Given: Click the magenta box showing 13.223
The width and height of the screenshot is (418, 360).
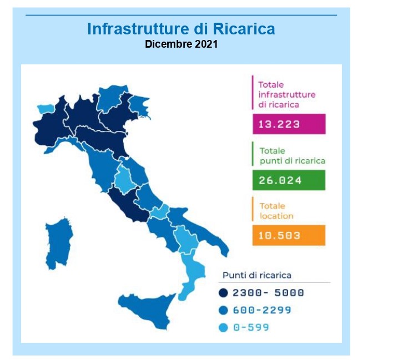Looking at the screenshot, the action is tap(289, 124).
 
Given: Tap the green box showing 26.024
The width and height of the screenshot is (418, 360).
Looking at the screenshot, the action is tap(289, 180).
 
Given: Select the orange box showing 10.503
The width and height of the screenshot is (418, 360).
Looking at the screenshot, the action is tap(289, 235).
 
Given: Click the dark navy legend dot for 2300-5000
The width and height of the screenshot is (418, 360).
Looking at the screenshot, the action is tap(223, 293).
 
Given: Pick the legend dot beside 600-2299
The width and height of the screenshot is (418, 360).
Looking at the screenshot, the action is tap(223, 310).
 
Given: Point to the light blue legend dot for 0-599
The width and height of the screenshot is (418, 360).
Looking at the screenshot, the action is tap(223, 327).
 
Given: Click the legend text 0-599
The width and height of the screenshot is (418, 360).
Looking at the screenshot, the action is tap(251, 327).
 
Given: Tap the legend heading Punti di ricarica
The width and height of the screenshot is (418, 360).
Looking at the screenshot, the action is tap(257, 275).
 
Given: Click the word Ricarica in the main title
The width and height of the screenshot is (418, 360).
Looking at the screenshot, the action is tap(244, 29).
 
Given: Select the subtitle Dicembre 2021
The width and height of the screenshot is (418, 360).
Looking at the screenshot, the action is tap(182, 44).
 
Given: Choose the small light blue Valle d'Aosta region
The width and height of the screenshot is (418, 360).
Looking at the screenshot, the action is tap(46, 109).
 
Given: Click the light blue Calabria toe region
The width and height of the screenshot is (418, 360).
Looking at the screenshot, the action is tap(192, 275).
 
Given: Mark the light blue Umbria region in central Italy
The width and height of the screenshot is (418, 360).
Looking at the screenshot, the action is tap(124, 179).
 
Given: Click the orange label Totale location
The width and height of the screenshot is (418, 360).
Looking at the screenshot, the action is tap(276, 211).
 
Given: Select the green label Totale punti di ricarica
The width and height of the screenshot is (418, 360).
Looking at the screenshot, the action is tap(293, 156).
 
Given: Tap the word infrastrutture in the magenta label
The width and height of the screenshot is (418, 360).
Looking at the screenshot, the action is tap(287, 95).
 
